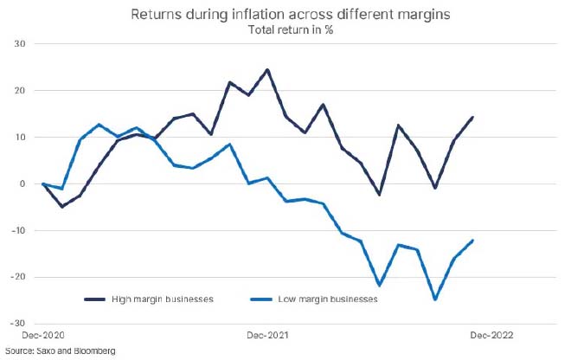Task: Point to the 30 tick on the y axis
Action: (x=19, y=43)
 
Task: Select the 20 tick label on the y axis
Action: (x=19, y=90)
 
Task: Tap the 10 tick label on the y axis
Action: (x=19, y=137)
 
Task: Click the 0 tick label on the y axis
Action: (x=22, y=183)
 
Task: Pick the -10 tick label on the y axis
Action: (x=17, y=230)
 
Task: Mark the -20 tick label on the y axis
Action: (x=17, y=277)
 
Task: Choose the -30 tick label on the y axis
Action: (x=17, y=324)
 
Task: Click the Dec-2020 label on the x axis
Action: (x=43, y=333)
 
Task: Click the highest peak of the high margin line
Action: (x=267, y=69)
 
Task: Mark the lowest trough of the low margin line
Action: (x=435, y=299)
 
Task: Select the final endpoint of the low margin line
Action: (x=472, y=241)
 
